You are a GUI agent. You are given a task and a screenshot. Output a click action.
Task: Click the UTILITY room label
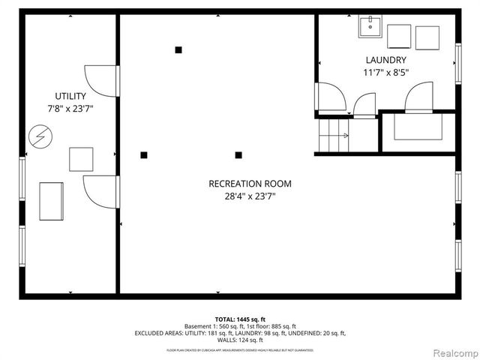70,96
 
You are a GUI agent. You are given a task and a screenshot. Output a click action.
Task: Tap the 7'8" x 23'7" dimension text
70,109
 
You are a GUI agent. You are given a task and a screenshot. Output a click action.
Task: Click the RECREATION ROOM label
250,184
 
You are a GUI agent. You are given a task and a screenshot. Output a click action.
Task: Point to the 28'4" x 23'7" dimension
250,196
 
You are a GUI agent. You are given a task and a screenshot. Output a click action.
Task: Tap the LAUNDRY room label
386,60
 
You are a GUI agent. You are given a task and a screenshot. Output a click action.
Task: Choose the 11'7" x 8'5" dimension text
386,73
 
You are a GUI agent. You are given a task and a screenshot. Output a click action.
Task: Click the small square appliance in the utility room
81,159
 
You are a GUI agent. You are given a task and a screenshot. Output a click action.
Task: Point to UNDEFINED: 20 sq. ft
317,333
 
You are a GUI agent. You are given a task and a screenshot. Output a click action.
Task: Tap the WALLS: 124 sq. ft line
240,340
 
